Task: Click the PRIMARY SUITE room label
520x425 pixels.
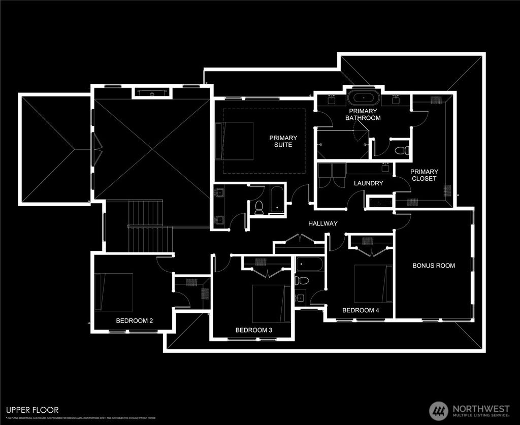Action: click(x=283, y=141)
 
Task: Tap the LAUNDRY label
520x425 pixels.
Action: click(x=368, y=183)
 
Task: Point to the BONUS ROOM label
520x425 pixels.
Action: click(x=434, y=266)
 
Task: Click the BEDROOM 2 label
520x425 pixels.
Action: click(x=135, y=320)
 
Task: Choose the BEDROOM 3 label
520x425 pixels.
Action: click(x=254, y=330)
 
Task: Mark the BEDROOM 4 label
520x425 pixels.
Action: click(x=361, y=310)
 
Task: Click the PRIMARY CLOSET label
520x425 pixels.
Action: click(x=424, y=175)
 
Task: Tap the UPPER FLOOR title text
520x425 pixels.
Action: click(x=32, y=410)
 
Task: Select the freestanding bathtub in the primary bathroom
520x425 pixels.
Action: click(x=361, y=97)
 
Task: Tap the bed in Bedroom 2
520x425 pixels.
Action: click(x=115, y=292)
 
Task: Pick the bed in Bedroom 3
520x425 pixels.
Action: click(x=271, y=303)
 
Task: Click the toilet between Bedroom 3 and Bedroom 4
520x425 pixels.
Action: click(x=300, y=280)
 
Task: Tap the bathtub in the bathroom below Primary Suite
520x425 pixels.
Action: click(x=278, y=200)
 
